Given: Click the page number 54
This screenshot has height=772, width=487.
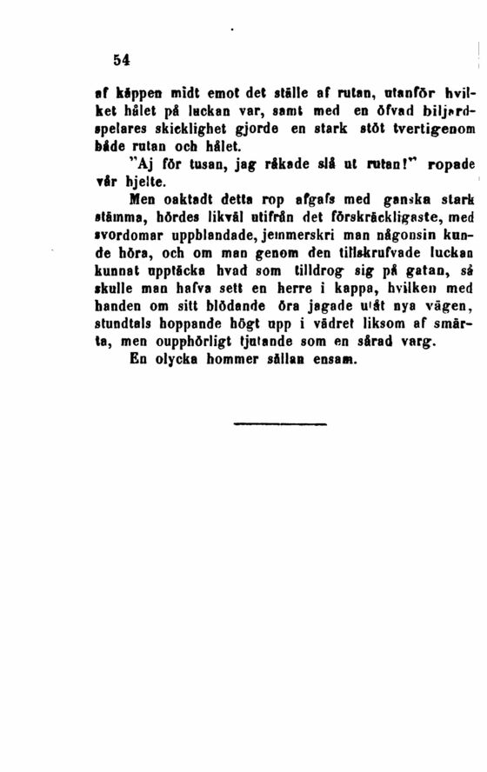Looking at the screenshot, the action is [x=121, y=59].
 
